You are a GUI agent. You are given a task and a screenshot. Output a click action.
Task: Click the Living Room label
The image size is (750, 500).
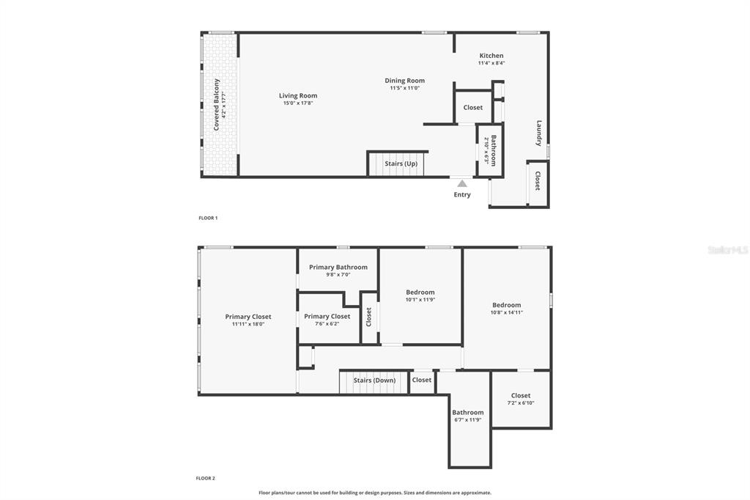coord(298,95)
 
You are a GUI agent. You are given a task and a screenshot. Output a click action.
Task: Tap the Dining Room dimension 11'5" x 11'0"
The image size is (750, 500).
coord(404,88)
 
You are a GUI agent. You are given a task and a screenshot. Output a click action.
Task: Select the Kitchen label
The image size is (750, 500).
coord(491,56)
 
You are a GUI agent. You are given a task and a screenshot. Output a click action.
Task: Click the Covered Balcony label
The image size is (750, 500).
coord(216,104)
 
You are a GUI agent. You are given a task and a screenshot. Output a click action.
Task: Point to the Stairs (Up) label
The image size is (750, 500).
coord(401,163)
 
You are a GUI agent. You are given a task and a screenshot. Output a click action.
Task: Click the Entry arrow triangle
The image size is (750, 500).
coord(462,183)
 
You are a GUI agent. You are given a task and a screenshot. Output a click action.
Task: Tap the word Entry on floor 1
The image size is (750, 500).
coord(462,195)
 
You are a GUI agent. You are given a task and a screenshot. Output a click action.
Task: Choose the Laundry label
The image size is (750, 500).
coord(539,133)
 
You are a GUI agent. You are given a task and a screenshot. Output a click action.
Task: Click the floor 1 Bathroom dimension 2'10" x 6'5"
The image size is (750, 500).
coord(486,151)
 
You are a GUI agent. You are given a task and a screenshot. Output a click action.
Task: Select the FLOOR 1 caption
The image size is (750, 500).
coord(208,218)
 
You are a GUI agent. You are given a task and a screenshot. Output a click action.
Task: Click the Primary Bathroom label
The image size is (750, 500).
coord(338,268)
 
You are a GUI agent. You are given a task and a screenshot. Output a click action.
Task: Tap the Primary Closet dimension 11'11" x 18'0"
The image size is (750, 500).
coord(248,324)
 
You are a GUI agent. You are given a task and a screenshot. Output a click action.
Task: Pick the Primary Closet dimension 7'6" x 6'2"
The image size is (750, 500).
coord(327,323)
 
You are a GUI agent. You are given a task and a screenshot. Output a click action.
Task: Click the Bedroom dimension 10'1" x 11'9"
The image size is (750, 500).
coord(420,299)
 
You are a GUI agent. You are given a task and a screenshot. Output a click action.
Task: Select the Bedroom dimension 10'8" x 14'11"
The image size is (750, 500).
coord(507,312)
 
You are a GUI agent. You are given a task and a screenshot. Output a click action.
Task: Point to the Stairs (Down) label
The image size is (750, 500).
coord(374,380)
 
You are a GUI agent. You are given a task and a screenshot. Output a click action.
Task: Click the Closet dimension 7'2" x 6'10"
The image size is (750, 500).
coord(521,402)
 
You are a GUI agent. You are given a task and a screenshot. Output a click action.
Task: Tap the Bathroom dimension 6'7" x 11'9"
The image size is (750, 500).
coord(467,419)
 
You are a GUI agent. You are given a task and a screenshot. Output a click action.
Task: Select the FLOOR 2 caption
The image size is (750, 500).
coord(206,478)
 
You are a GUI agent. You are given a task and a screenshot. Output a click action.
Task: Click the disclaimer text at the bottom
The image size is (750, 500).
coord(375,493)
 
